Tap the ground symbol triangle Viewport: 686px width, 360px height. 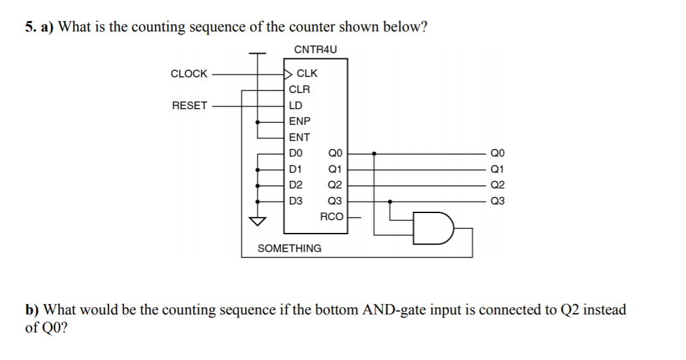[258, 222]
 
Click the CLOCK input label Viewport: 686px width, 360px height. [189, 74]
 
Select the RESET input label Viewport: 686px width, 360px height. [189, 105]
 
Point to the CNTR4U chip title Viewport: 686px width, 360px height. [315, 49]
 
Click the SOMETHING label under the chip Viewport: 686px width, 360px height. [289, 248]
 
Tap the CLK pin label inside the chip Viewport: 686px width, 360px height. [307, 74]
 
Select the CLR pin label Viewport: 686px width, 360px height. [299, 90]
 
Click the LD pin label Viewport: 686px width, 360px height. [295, 105]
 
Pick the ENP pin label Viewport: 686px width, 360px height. [299, 121]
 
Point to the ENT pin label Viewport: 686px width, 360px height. [299, 137]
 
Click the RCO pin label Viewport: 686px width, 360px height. [332, 217]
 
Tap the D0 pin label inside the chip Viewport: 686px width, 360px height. [295, 153]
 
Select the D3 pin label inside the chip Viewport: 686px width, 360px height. [295, 201]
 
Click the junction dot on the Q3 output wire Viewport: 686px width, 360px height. [391, 201]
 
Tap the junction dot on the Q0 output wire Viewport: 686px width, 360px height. [375, 154]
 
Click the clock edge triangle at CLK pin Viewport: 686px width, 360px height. [288, 74]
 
